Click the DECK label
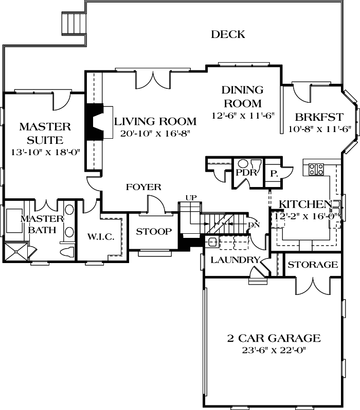point(228,35)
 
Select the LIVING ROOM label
point(155,122)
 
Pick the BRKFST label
point(312,116)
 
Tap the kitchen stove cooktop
point(315,169)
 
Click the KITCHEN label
point(304,204)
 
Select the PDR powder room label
point(246,172)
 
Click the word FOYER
point(143,187)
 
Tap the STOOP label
point(154,232)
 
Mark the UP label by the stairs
point(191,198)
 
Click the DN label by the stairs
point(253,225)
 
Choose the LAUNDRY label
point(235,260)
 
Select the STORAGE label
point(313,265)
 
